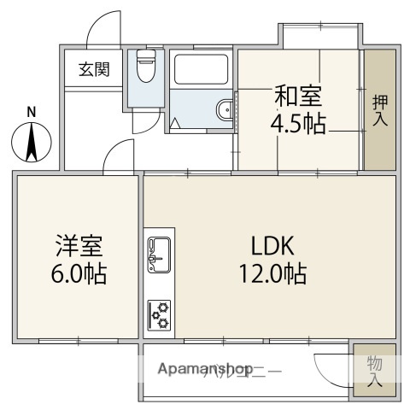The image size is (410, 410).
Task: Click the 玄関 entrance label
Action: pos(94,70)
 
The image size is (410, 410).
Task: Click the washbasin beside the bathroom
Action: pos(225,108)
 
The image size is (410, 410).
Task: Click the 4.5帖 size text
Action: pos(297,124)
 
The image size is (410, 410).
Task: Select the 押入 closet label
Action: pos(380,109)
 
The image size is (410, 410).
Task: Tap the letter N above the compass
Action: pos(32,111)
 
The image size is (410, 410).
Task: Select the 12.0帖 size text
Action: pos(273,275)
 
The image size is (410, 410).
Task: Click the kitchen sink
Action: pos(160,252)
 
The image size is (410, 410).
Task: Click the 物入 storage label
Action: pos(375,371)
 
